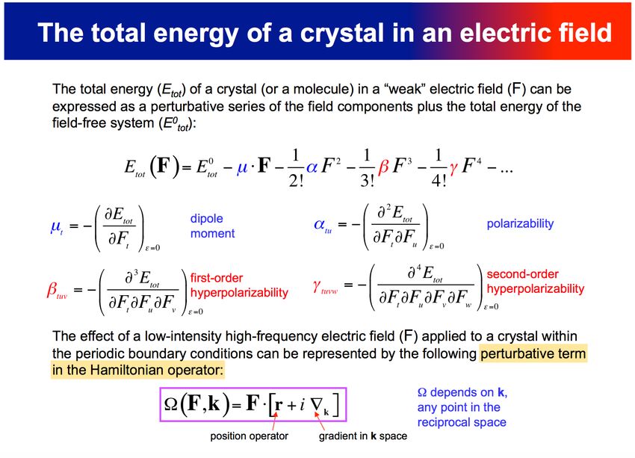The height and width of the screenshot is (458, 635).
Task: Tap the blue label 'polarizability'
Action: coord(520,224)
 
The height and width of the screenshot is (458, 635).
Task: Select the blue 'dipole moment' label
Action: coord(213,226)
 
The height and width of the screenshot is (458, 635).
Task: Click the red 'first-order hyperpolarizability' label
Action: coord(239,285)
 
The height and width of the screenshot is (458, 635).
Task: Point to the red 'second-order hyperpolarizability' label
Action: coord(536,282)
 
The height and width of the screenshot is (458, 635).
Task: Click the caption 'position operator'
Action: coord(249,436)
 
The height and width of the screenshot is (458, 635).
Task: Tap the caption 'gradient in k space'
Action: coord(363,436)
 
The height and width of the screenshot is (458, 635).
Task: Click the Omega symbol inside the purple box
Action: coord(171,405)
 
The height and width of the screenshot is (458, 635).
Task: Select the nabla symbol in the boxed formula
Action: coord(317,404)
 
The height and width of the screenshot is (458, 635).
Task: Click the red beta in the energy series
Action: coord(383,167)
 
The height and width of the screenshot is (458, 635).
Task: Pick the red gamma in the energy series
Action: coord(453,167)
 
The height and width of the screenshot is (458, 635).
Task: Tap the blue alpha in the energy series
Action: coord(312,167)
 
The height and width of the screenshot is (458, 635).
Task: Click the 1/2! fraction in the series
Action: coord(296,167)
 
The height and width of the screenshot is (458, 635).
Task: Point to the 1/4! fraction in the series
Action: coord(439,167)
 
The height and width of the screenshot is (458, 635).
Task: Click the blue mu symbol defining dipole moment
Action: coord(56,227)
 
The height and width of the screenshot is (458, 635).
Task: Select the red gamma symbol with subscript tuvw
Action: coord(325,287)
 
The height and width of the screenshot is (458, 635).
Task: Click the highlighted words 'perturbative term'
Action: coord(533,353)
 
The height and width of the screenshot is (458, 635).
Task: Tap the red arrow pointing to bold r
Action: coord(275,421)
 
